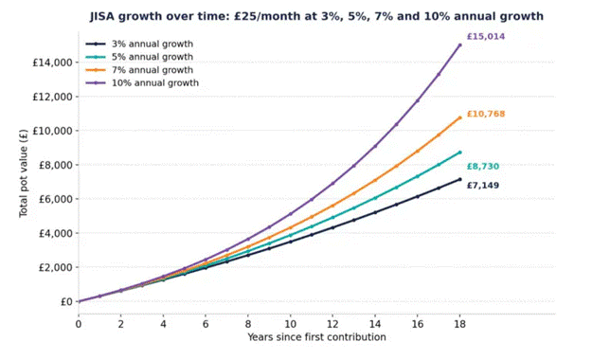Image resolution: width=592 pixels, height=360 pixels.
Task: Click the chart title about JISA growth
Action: [316, 17]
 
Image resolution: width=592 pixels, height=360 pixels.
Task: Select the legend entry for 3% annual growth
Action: [139, 44]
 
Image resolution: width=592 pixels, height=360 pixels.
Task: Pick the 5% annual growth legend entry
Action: [139, 57]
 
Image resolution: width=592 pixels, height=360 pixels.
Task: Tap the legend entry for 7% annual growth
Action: [139, 70]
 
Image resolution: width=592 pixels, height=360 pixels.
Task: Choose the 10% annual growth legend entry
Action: [142, 82]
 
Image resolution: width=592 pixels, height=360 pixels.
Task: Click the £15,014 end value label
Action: [486, 37]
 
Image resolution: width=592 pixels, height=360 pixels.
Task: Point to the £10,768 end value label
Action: [486, 114]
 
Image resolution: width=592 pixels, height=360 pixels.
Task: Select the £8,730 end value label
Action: [482, 166]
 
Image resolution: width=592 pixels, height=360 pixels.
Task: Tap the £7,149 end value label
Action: [482, 186]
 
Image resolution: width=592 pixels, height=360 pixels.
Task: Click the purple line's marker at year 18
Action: [459, 45]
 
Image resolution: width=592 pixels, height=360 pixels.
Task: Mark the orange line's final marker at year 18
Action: [459, 117]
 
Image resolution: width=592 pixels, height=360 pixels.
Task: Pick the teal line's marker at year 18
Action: [459, 153]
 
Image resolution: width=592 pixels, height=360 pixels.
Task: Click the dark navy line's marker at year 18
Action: [459, 179]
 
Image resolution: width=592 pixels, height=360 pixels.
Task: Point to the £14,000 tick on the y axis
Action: [52, 63]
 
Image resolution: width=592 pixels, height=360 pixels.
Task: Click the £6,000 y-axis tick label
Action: [56, 199]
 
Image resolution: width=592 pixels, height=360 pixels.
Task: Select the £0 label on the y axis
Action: [66, 301]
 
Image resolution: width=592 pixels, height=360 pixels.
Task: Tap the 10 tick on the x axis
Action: [290, 324]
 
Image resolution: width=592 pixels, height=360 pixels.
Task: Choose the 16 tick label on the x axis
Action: [417, 324]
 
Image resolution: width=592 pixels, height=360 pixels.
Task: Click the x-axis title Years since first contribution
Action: [316, 337]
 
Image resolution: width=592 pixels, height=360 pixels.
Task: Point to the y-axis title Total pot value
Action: [24, 173]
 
